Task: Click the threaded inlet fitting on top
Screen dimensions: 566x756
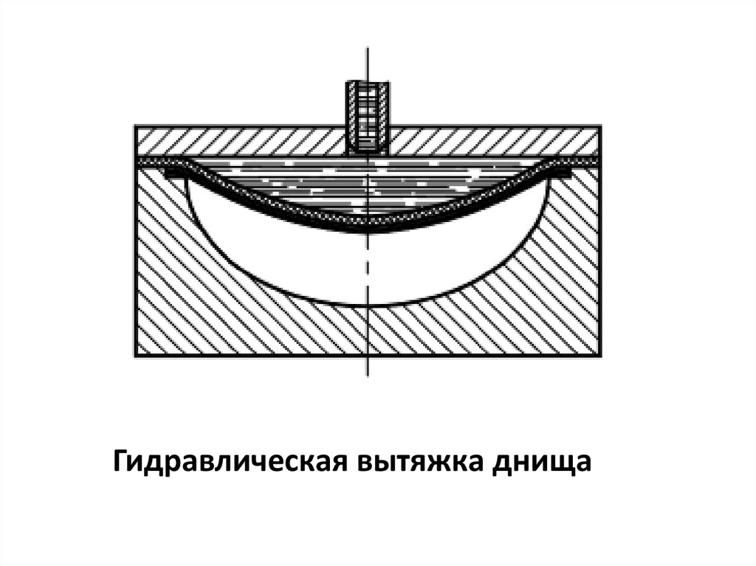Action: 368,114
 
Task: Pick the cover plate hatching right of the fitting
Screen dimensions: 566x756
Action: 495,141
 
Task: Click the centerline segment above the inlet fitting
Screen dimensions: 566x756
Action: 368,63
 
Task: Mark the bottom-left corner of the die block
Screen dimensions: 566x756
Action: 134,356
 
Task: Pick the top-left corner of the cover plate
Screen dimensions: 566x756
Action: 134,126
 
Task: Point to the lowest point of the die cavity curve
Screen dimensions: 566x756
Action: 368,306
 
